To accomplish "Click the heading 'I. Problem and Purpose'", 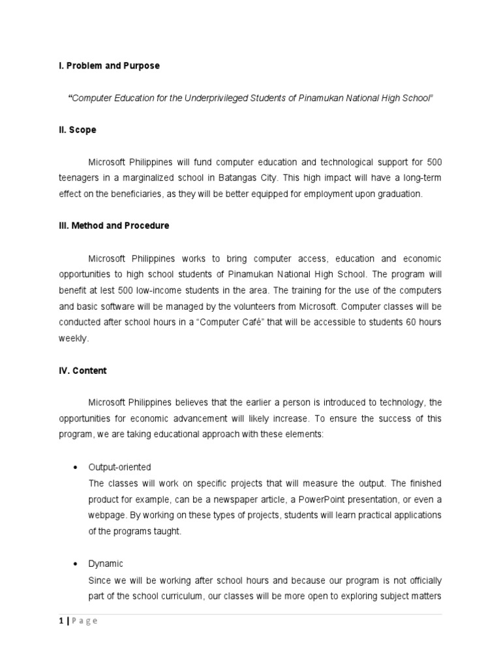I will point(109,66).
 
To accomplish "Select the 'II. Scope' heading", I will point(78,130).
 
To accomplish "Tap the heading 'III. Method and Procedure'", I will point(114,226).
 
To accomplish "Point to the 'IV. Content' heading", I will point(83,371).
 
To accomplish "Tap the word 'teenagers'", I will point(79,177).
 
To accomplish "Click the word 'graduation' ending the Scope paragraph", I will point(400,194).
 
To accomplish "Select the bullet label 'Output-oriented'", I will point(120,467).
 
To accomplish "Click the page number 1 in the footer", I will point(61,621).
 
